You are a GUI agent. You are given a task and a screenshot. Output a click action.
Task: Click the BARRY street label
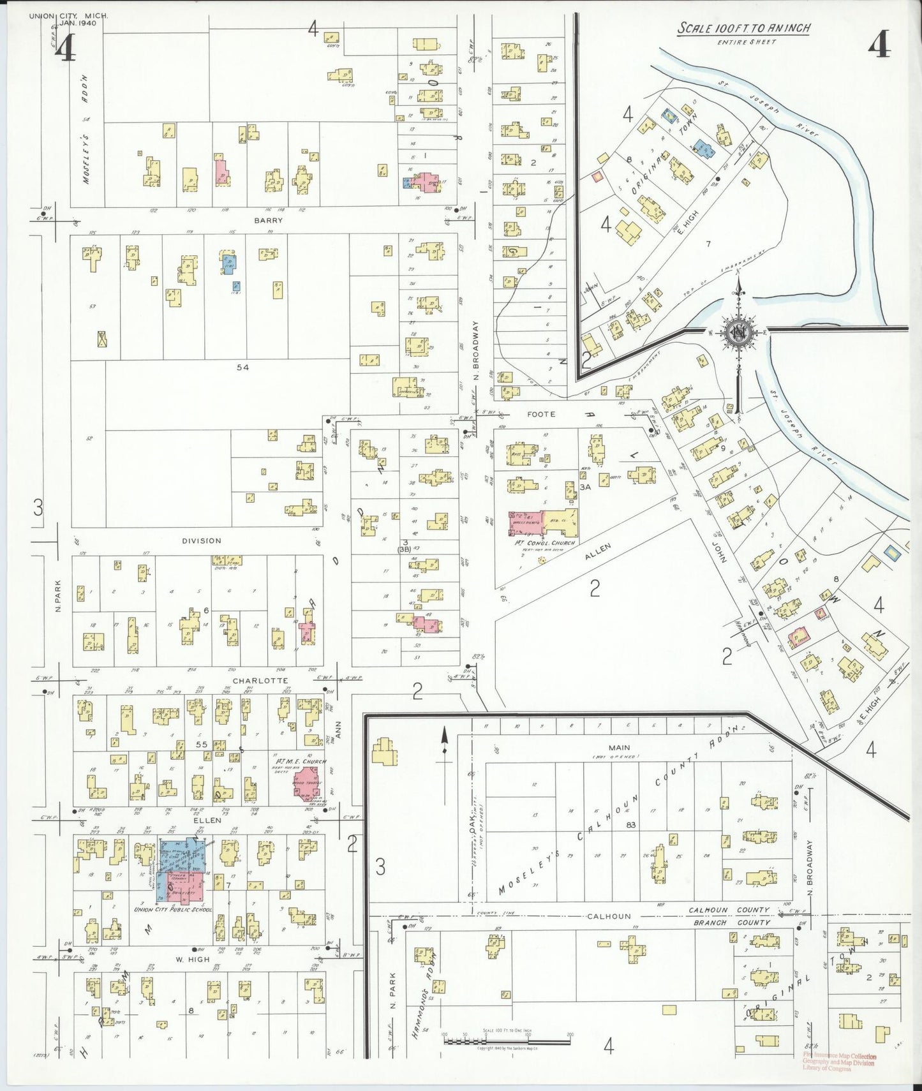pos(268,220)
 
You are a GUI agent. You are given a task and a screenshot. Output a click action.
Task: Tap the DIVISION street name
pos(202,540)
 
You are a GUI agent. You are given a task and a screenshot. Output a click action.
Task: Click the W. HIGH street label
pos(193,960)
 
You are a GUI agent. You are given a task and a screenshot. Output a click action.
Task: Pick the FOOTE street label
pos(541,414)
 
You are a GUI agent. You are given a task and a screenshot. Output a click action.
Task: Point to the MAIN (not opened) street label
pos(619,748)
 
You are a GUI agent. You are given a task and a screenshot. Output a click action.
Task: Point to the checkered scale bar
pos(507,1041)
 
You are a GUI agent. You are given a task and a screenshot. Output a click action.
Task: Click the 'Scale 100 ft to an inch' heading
pos(743,28)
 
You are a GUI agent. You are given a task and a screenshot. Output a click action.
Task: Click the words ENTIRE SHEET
pos(747,42)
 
